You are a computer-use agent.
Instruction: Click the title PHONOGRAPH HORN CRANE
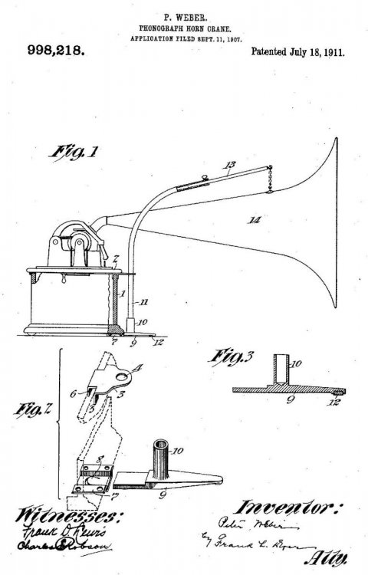pyautogui.click(x=183, y=26)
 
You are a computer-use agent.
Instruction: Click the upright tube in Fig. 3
pyautogui.click(x=279, y=368)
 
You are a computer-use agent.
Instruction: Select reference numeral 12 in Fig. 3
pyautogui.click(x=335, y=401)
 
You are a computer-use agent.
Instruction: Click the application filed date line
pyautogui.click(x=183, y=36)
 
